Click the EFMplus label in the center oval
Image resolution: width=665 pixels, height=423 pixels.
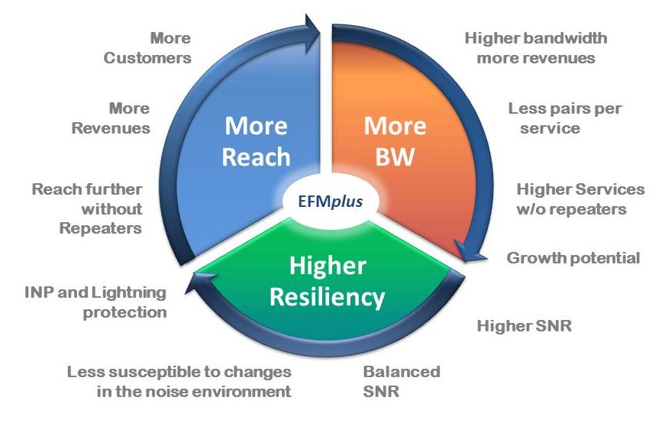331,203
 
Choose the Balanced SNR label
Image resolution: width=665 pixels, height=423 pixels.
401,382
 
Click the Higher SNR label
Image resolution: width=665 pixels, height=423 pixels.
525,327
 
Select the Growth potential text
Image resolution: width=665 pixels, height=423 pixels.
573,258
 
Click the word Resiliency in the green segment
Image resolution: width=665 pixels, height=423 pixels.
327,297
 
